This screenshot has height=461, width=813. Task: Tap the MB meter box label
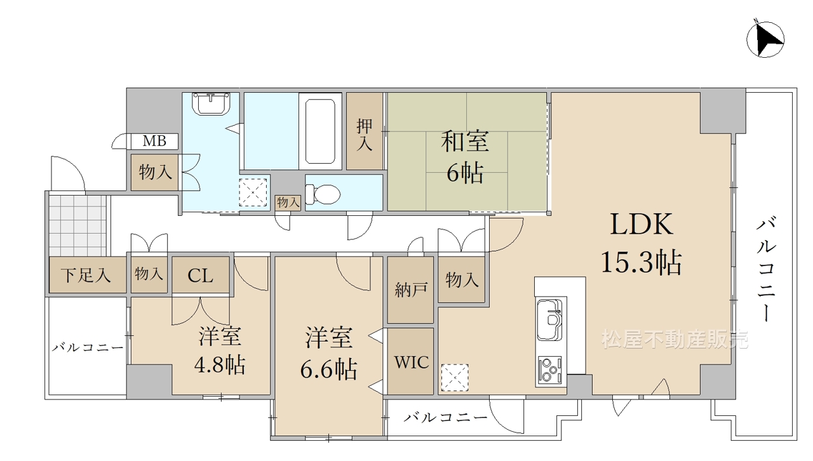click(154, 141)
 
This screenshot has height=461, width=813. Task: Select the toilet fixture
click(323, 194)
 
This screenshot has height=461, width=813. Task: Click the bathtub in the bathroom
click(320, 131)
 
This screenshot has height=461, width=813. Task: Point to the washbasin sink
click(212, 104)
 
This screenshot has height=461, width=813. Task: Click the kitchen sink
click(549, 319)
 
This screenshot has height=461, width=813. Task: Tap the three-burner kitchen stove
click(549, 370)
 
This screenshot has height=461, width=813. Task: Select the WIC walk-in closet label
click(412, 362)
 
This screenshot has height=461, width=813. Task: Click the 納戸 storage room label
click(411, 290)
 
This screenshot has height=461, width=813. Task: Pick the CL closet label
click(200, 276)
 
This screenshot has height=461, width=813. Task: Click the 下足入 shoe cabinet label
click(86, 275)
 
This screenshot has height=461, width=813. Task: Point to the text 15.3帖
click(642, 262)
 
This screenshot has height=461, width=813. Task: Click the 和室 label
click(465, 142)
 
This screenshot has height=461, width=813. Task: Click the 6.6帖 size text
click(328, 369)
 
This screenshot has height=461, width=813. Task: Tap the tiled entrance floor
click(78, 226)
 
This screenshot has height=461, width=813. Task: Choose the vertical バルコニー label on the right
click(766, 269)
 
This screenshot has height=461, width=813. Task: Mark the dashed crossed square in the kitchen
click(455, 378)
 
